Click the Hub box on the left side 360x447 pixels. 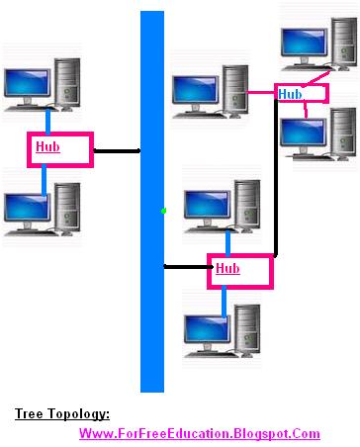point(59,149)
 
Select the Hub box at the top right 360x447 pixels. point(301,93)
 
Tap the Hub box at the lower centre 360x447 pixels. point(238,269)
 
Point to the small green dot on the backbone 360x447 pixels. point(163,210)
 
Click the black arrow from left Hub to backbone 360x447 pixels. point(116,151)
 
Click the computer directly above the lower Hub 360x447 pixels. point(223,206)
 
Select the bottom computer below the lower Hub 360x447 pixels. point(223,331)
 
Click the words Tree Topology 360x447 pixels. point(61,414)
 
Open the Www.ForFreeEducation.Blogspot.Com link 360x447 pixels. point(199,433)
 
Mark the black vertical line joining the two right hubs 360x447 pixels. point(276,178)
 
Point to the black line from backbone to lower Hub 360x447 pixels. point(186,267)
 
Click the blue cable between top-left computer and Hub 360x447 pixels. point(45,121)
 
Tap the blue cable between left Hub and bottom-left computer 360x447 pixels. point(45,178)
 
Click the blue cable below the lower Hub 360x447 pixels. point(225,299)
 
